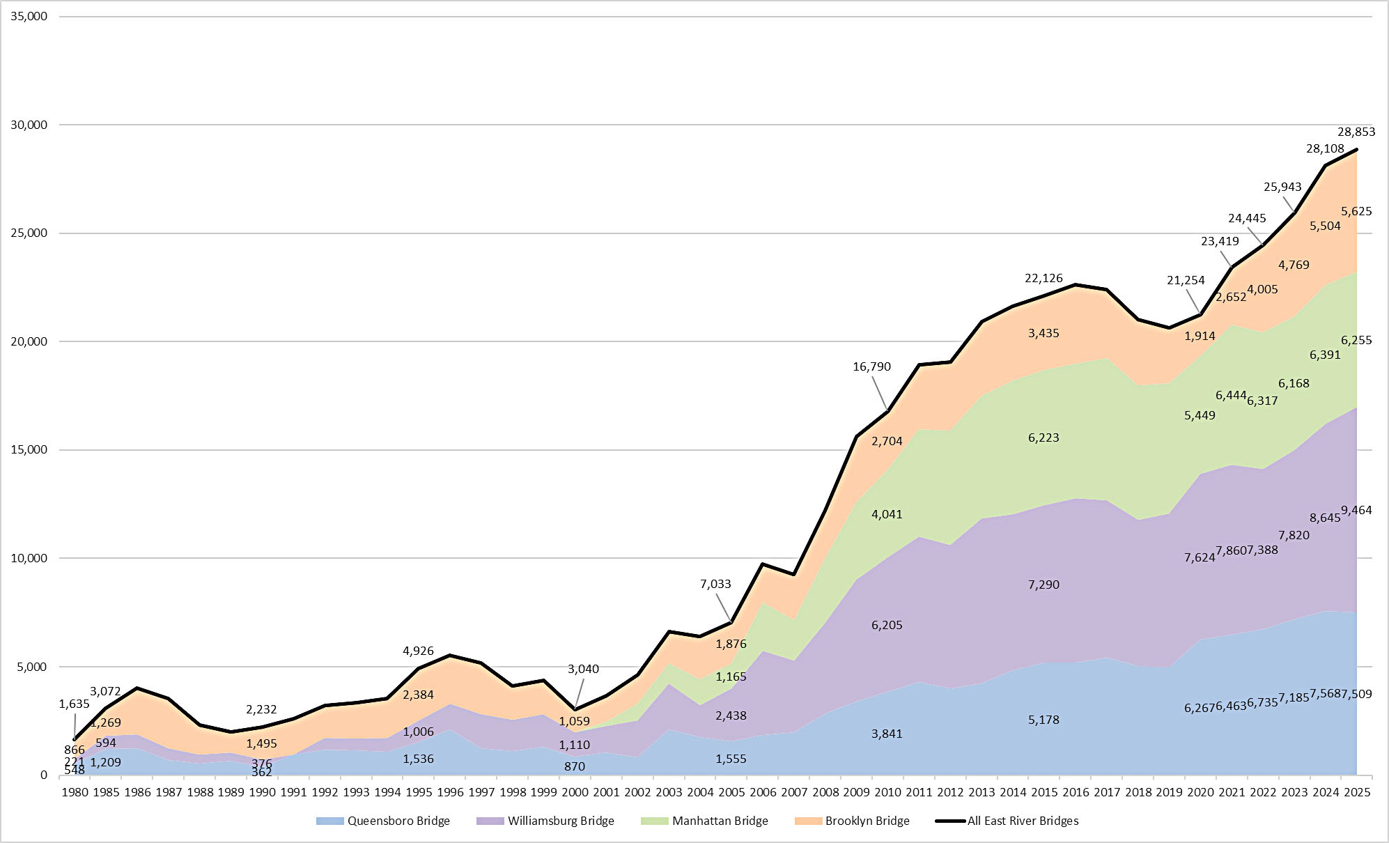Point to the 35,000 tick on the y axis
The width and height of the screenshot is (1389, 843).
(29, 16)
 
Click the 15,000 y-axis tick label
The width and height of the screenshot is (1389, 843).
(29, 450)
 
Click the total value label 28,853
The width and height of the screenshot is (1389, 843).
(1356, 132)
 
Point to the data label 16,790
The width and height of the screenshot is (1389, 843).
(871, 367)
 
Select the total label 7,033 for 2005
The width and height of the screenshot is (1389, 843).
(715, 585)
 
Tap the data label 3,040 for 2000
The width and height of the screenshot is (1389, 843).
(583, 670)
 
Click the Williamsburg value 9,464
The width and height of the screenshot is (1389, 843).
(1356, 511)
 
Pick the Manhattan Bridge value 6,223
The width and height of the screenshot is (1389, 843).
(1043, 438)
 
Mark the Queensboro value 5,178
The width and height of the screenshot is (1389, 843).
(1043, 720)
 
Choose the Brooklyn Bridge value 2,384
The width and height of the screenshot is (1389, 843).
(418, 695)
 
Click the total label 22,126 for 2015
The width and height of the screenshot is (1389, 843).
(1043, 279)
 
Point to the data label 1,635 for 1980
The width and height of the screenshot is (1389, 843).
(75, 704)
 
